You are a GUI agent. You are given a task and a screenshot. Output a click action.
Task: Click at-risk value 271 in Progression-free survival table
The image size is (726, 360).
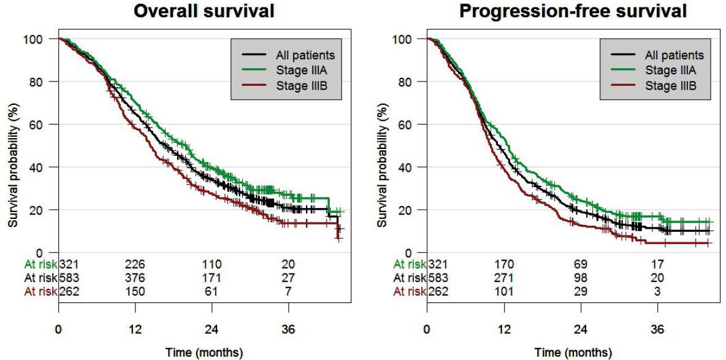pyautogui.click(x=503, y=278)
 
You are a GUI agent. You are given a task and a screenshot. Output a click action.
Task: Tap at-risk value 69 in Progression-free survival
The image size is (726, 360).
pyautogui.click(x=580, y=264)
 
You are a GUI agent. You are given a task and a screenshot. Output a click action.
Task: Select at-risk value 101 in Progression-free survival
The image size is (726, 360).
pyautogui.click(x=503, y=291)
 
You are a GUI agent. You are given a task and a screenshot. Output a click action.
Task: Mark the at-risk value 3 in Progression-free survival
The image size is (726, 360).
pyautogui.click(x=657, y=291)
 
